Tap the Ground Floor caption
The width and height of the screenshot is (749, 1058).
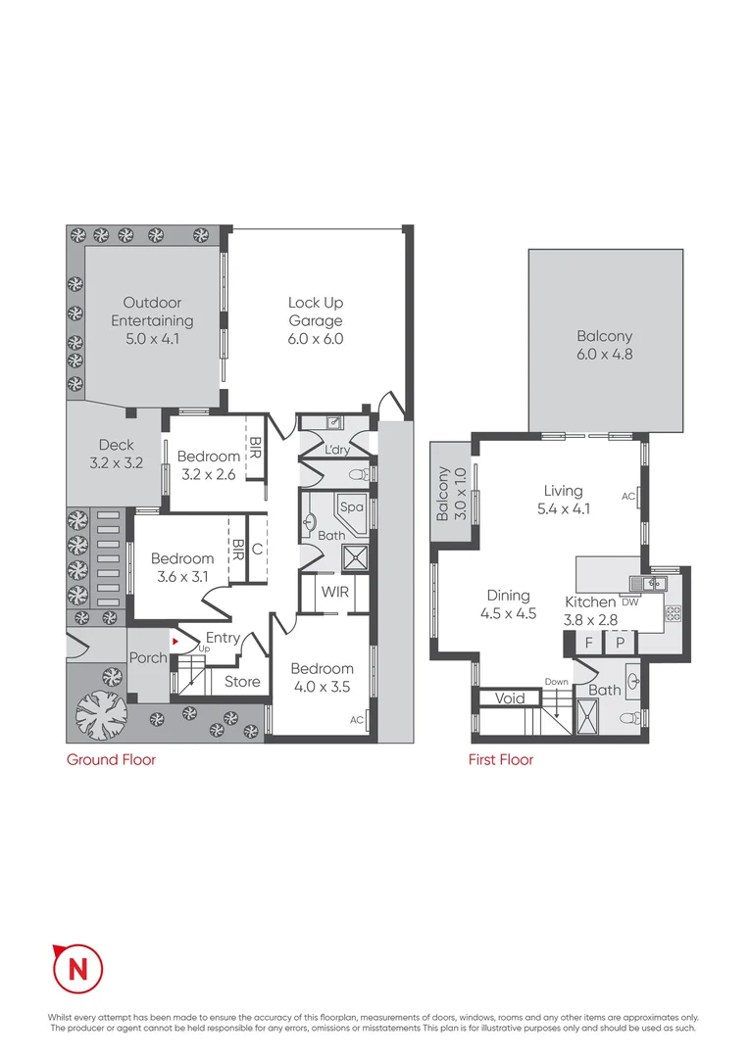tap(111, 759)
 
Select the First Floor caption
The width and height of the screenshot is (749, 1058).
tap(501, 759)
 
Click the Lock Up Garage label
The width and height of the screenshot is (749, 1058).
tap(315, 321)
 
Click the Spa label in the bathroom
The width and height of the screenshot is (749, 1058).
tap(351, 507)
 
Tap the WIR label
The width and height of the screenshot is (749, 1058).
tap(335, 593)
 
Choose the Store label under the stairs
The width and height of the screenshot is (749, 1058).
tap(242, 681)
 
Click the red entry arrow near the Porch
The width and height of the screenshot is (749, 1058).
tap(175, 642)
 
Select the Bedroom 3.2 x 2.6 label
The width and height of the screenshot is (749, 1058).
tap(208, 465)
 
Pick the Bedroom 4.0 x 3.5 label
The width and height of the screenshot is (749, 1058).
tap(322, 678)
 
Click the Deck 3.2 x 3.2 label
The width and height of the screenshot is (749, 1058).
tap(116, 455)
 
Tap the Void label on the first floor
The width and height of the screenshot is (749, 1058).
tap(510, 698)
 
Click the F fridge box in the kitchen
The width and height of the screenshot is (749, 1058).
tap(589, 644)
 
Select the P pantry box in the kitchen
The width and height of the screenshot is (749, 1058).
tap(620, 644)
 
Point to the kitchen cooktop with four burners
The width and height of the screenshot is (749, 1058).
tap(674, 614)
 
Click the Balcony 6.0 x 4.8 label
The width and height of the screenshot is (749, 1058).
tap(605, 346)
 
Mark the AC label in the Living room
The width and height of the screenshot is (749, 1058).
tap(628, 497)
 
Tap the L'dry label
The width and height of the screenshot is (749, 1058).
tap(337, 450)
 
